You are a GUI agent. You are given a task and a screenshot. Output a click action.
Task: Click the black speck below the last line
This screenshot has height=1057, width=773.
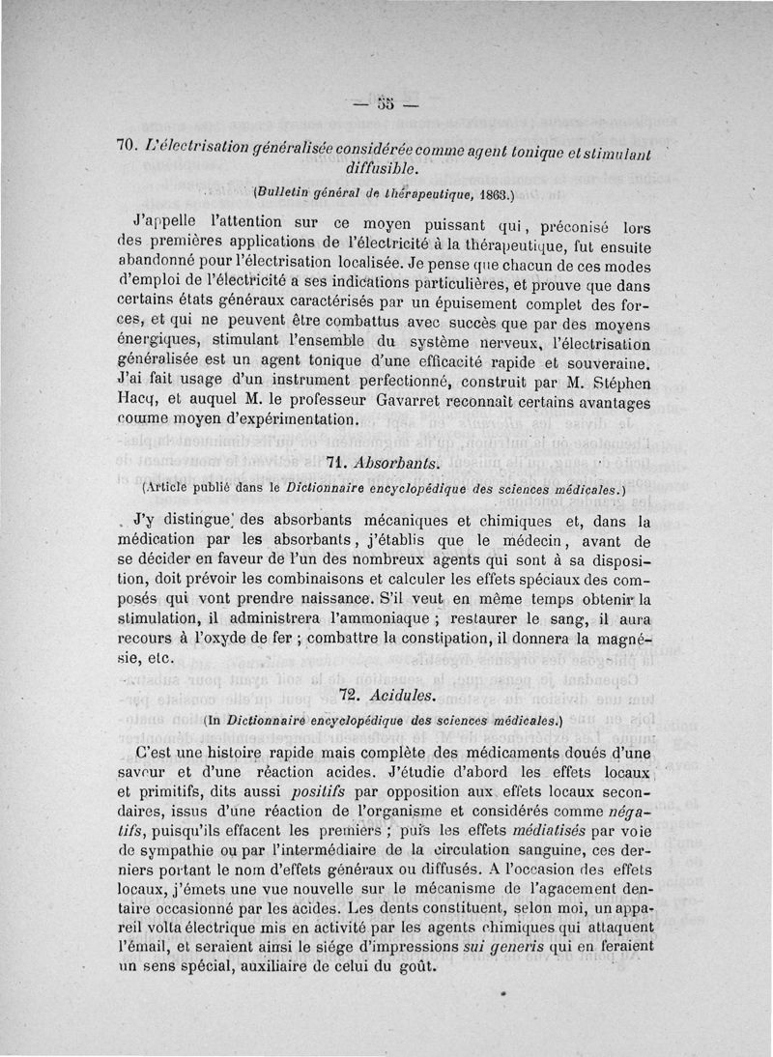coord(505,992)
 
